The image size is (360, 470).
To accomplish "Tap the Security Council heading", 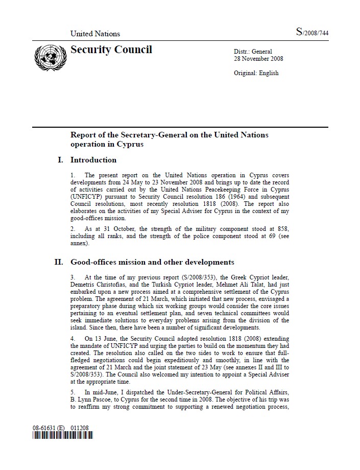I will (111, 50).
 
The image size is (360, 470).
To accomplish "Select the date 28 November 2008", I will (258, 59).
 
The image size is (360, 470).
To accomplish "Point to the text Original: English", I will (256, 73).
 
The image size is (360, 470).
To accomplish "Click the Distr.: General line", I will (253, 52).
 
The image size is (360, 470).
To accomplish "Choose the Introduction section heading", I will (93, 160).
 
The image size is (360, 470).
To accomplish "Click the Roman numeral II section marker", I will (59, 263).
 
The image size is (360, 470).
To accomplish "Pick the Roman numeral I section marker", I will (61, 160).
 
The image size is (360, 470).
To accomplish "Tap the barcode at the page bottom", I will (63, 436).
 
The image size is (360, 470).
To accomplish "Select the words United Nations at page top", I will (95, 34).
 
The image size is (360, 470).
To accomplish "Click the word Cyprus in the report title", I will (130, 144).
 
